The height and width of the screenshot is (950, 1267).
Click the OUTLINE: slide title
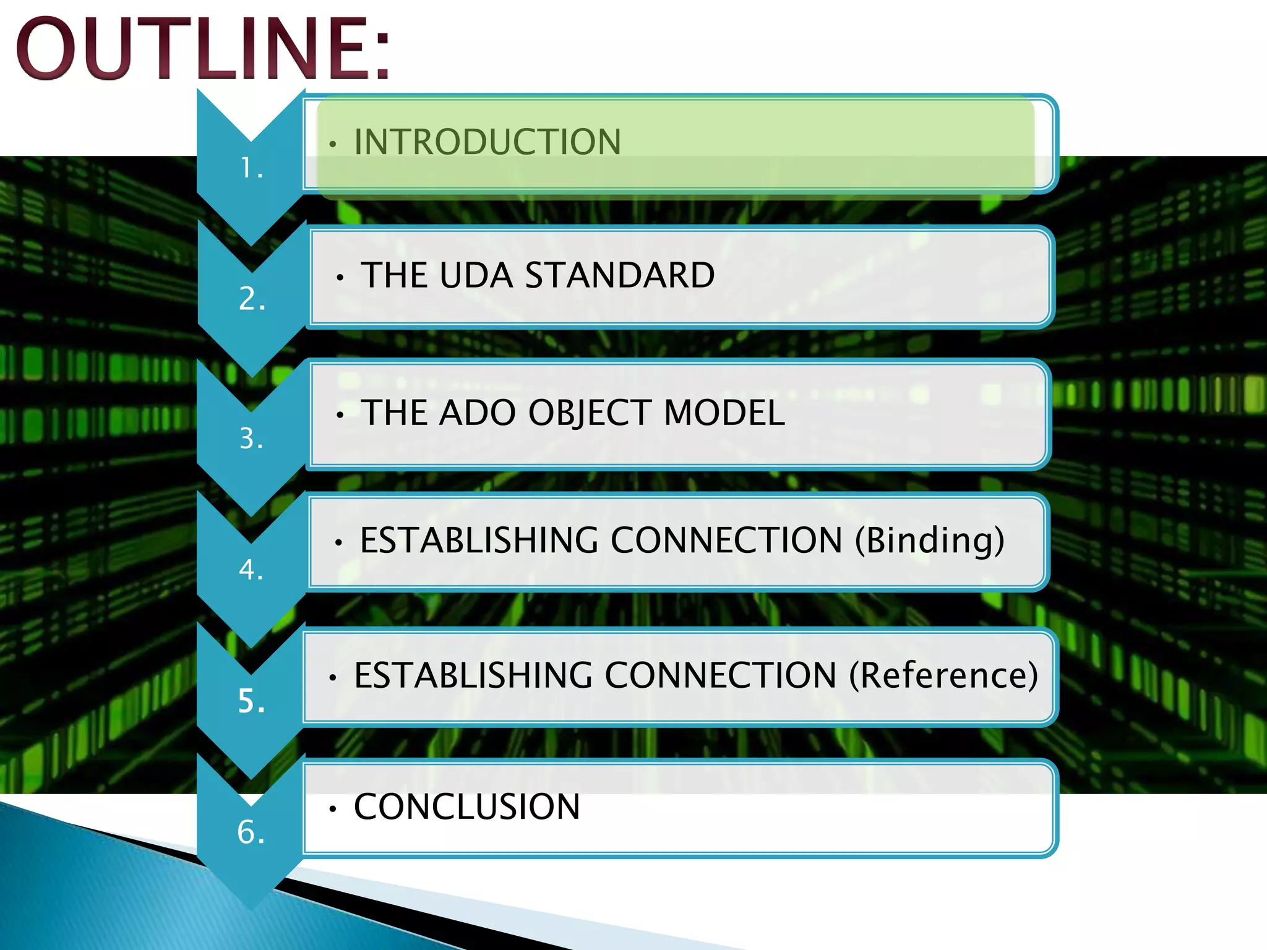click(x=203, y=49)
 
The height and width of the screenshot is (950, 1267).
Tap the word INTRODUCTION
click(x=487, y=142)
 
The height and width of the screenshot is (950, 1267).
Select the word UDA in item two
click(x=476, y=275)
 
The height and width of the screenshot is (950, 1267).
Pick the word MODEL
click(x=724, y=413)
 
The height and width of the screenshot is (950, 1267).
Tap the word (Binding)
click(x=929, y=541)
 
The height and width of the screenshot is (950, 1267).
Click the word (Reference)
click(x=943, y=675)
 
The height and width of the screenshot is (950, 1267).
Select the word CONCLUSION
click(x=466, y=807)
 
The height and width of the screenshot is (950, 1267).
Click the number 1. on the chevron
click(x=252, y=168)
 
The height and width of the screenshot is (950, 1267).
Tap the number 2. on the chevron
click(x=252, y=299)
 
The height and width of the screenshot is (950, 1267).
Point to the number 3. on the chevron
click(x=251, y=439)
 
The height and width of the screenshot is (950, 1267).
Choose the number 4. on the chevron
click(x=251, y=570)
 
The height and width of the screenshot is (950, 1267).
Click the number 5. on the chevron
click(x=251, y=701)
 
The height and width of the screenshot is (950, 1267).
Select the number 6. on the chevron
click(x=251, y=832)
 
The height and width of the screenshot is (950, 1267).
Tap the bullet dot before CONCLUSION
click(x=333, y=809)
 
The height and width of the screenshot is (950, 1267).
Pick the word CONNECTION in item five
click(x=720, y=675)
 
